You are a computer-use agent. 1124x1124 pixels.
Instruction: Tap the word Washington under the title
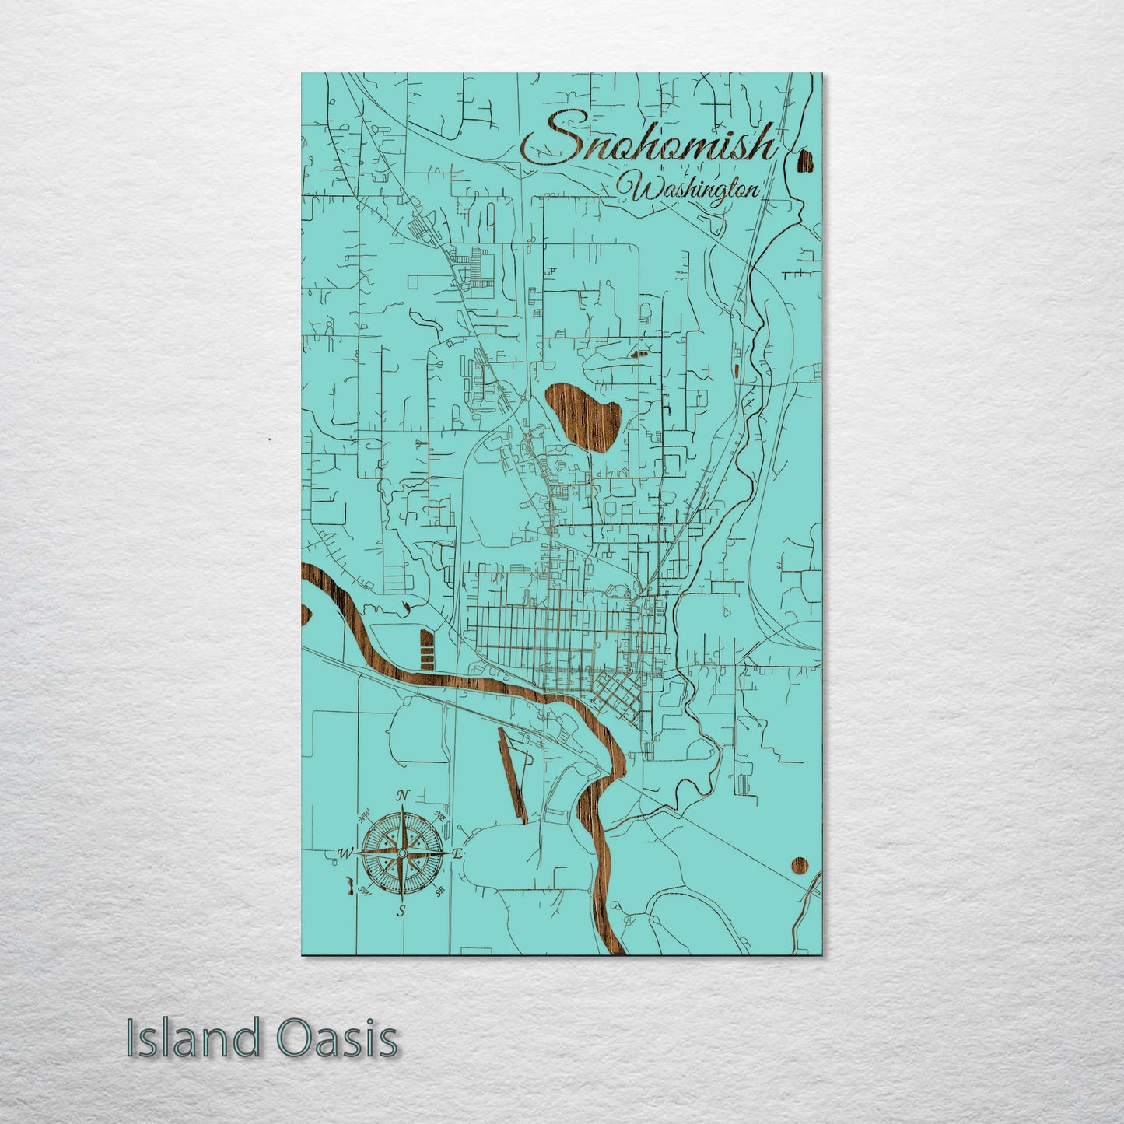coord(695,190)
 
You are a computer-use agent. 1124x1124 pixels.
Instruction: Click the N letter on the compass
coord(402,796)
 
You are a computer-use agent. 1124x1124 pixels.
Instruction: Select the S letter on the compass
coord(401,911)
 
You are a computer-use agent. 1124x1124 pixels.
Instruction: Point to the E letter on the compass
coord(458,854)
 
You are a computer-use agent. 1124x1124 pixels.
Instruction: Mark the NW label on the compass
coord(363,818)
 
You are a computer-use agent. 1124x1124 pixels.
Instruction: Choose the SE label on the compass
coord(440,891)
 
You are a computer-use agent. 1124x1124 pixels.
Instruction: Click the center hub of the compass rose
coord(401,854)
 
